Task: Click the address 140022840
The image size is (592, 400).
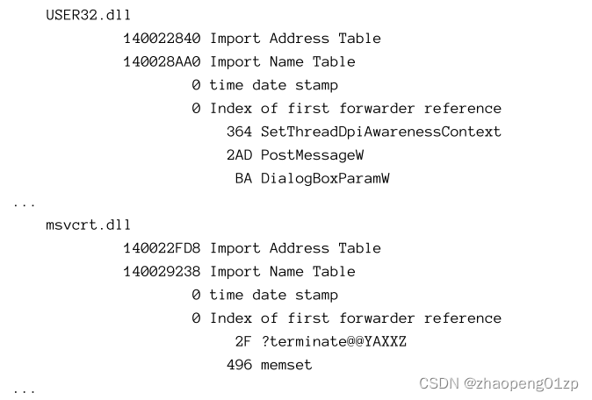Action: click(x=162, y=39)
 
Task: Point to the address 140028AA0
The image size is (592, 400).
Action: click(x=162, y=61)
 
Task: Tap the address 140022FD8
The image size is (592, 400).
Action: click(x=162, y=248)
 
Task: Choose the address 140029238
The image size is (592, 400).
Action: click(x=162, y=271)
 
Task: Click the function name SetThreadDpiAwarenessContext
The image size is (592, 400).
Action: click(x=381, y=132)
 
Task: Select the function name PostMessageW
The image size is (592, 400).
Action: click(x=312, y=154)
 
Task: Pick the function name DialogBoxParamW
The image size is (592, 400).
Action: click(x=325, y=178)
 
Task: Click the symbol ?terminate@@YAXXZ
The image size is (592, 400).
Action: click(x=334, y=341)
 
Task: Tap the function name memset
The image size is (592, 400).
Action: click(x=286, y=364)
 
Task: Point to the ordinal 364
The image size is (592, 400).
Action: click(x=239, y=132)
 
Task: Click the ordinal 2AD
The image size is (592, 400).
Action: click(x=239, y=154)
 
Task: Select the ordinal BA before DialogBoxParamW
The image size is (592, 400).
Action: click(x=243, y=178)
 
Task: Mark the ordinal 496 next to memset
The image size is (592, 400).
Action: click(x=239, y=364)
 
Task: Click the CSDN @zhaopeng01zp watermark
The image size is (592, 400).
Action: click(x=499, y=383)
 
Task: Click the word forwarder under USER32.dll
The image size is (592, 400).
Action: click(x=377, y=108)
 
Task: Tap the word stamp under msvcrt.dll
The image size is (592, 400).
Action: click(x=316, y=295)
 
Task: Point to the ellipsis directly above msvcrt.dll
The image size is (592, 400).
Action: click(x=25, y=204)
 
